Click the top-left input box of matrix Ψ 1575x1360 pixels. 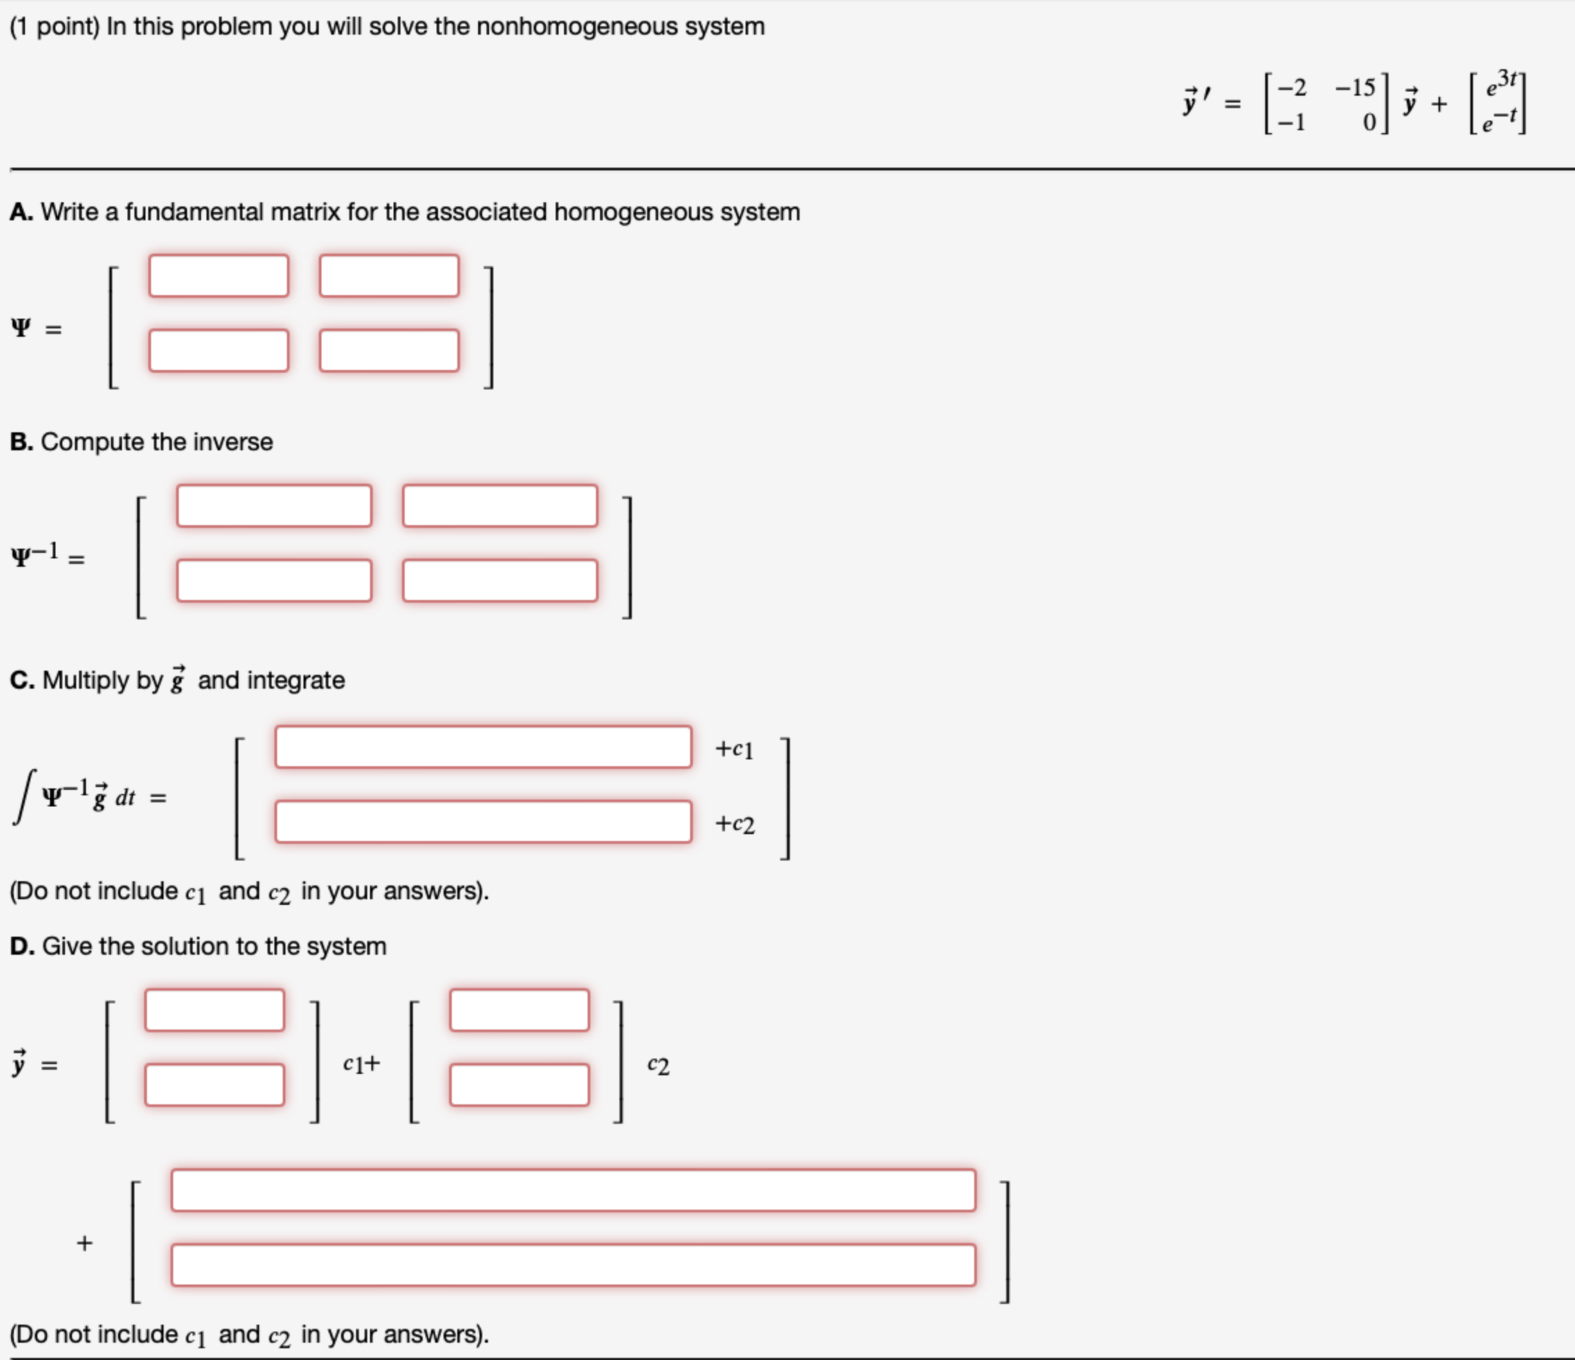[x=218, y=275]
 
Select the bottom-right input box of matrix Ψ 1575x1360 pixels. [x=389, y=351]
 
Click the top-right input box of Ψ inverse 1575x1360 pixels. [x=500, y=506]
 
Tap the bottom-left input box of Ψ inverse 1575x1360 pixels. [x=274, y=581]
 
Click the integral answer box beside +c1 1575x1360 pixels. [x=483, y=747]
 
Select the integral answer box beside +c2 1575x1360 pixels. [x=483, y=821]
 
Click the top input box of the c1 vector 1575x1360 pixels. [x=214, y=1010]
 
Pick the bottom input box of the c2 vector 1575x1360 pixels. [x=519, y=1085]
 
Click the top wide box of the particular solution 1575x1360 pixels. [x=573, y=1190]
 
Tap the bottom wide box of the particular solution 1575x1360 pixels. [x=573, y=1265]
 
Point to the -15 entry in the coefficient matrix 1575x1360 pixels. [x=1355, y=88]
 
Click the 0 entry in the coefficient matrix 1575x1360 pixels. [x=1369, y=123]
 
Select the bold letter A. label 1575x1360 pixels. [x=21, y=212]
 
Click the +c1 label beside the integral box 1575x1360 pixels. [x=734, y=749]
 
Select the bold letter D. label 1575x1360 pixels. [x=22, y=946]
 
